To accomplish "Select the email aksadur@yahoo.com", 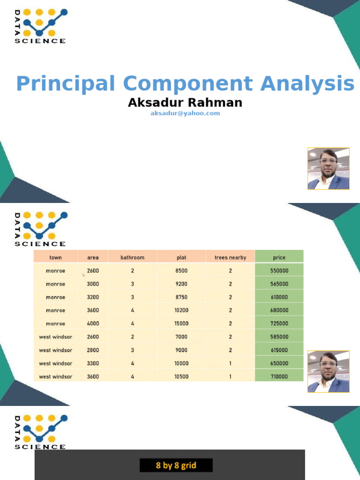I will point(185,113).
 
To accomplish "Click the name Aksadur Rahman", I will point(185,102).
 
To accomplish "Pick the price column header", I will point(279,257).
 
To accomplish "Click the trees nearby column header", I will point(230,257).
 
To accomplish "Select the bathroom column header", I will point(133,257).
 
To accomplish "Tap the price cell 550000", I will point(279,271).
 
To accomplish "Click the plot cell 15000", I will point(181,323).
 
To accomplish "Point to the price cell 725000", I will point(279,323).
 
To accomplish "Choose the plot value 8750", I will point(181,297).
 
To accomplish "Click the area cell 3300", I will point(93,363).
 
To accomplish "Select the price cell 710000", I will point(279,376).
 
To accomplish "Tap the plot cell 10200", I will point(181,310).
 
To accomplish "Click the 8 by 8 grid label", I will point(176,465).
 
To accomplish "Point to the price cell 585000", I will point(279,337).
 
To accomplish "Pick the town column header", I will point(56,257).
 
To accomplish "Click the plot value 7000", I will point(181,337).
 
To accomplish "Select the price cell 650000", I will point(279,363).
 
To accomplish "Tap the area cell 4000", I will point(93,323).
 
